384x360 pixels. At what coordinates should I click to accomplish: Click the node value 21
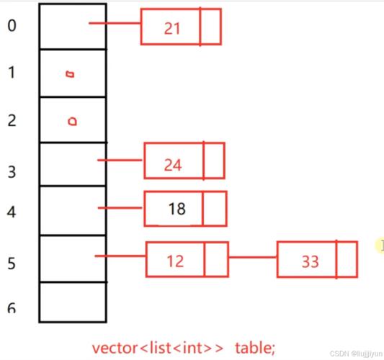pyautogui.click(x=172, y=28)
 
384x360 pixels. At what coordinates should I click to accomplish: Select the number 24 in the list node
pyautogui.click(x=173, y=165)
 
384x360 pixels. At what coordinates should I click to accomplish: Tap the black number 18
pyautogui.click(x=177, y=209)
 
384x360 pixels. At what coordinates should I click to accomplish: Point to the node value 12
pyautogui.click(x=175, y=261)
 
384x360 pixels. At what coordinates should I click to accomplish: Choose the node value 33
pyautogui.click(x=311, y=261)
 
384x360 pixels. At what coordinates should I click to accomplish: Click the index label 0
pyautogui.click(x=12, y=25)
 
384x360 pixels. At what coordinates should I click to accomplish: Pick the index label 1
pyautogui.click(x=12, y=73)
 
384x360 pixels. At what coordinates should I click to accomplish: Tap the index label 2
pyautogui.click(x=12, y=120)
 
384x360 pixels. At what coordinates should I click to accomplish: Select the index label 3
pyautogui.click(x=12, y=172)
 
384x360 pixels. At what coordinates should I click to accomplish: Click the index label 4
pyautogui.click(x=12, y=212)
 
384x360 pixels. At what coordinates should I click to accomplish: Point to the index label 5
pyautogui.click(x=12, y=264)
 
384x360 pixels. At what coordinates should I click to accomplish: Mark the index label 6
pyautogui.click(x=12, y=308)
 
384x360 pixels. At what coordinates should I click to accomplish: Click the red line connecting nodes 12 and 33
pyautogui.click(x=252, y=257)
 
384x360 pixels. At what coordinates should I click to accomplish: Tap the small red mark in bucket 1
pyautogui.click(x=71, y=74)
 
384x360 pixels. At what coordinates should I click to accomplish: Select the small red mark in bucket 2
pyautogui.click(x=72, y=122)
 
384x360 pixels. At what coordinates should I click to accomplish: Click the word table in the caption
pyautogui.click(x=255, y=348)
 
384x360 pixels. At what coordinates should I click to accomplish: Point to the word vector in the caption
pyautogui.click(x=115, y=348)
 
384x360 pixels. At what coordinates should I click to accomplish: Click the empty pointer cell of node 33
pyautogui.click(x=347, y=259)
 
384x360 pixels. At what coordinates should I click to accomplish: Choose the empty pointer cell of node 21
pyautogui.click(x=210, y=27)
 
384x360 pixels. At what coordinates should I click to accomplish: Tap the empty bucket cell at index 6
pyautogui.click(x=73, y=302)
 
